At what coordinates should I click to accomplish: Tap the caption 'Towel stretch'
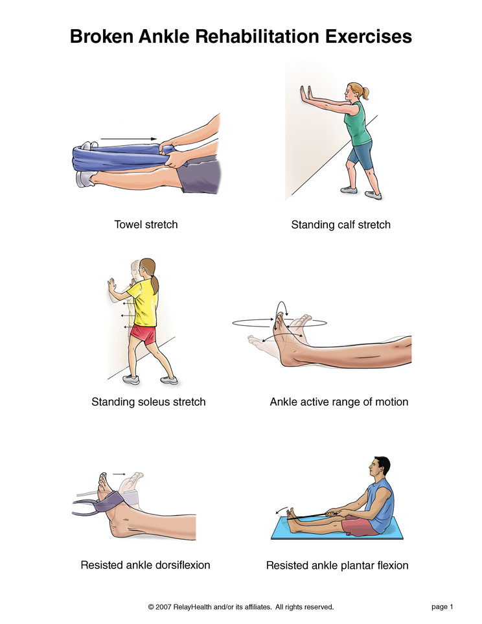point(146,224)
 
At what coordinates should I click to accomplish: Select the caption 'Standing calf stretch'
point(341,225)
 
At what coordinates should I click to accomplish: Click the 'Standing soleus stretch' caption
point(148,402)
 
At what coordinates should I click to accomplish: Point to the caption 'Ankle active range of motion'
point(339,402)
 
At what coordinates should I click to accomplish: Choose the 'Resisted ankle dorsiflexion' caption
point(145,565)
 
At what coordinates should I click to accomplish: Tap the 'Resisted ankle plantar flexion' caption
point(337,566)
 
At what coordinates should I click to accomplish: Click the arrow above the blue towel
point(128,139)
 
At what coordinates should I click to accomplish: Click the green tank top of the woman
point(358,124)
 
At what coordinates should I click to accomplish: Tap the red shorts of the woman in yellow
point(144,334)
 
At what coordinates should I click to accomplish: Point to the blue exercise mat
point(337,529)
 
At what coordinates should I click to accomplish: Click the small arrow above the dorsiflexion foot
point(119,474)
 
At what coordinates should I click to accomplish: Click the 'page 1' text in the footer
point(442,607)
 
